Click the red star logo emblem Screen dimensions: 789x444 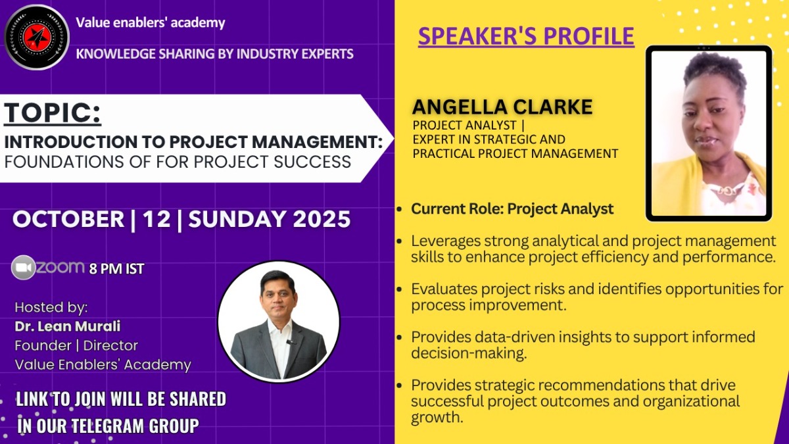pos(37,37)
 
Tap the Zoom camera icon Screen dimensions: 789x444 pos(23,268)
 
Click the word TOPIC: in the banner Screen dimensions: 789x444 pos(53,112)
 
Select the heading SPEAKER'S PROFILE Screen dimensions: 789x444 pos(526,36)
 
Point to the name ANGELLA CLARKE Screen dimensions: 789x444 pos(502,107)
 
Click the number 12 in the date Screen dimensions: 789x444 pos(156,219)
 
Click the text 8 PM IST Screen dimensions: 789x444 pos(116,269)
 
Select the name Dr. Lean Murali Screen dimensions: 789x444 pos(67,326)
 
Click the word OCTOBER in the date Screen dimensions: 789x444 pos(68,219)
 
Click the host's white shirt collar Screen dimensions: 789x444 pos(280,327)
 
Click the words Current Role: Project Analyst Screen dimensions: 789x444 pos(512,209)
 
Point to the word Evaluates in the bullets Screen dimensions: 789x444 pos(443,289)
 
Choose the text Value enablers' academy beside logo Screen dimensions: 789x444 pos(151,22)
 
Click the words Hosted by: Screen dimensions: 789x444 pos(51,308)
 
